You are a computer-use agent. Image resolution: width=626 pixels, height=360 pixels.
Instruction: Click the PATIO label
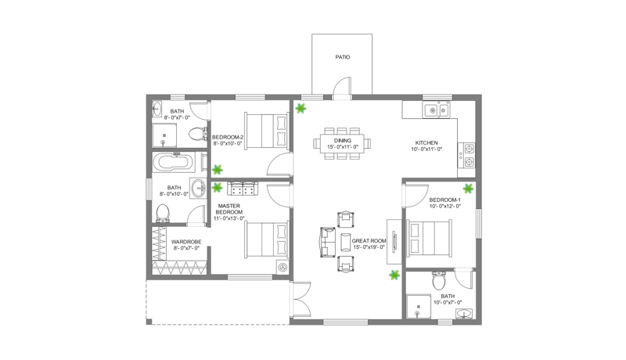342,57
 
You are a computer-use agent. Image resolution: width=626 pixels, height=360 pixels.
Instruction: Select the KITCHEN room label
428,143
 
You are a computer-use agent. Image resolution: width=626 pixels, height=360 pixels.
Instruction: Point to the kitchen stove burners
469,155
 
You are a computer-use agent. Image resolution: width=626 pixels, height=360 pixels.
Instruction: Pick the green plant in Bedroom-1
469,188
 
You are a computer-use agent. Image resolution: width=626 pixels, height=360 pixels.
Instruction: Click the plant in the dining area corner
300,109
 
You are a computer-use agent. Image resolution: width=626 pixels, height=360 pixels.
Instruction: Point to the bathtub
172,164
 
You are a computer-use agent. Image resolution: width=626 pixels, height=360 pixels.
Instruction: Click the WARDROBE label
185,242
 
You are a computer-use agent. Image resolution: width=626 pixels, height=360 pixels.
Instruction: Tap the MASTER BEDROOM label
229,208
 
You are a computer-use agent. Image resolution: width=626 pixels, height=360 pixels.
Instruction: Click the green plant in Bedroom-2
218,168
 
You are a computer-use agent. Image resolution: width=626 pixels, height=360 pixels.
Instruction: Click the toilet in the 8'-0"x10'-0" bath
164,212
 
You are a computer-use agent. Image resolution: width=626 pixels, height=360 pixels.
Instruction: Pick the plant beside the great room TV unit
394,275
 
